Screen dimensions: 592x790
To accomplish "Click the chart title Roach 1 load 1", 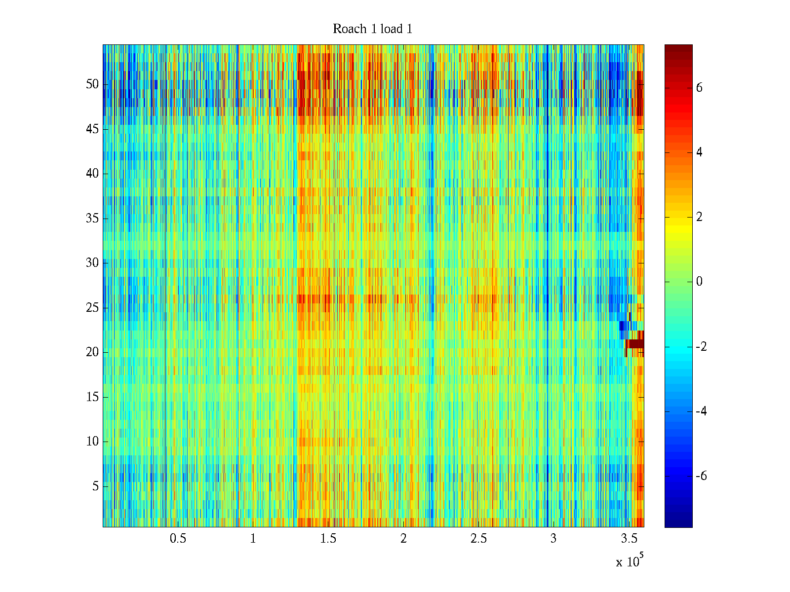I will [372, 29].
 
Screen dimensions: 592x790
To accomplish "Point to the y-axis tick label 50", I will [92, 84].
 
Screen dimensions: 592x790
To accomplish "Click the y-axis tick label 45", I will [92, 129].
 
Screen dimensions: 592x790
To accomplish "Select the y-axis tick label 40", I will [92, 174].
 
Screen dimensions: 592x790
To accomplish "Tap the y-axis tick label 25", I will [92, 308].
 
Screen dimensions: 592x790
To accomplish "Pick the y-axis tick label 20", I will [92, 352].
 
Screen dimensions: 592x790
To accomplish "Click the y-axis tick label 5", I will [95, 486].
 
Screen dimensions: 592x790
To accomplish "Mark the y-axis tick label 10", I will [92, 442].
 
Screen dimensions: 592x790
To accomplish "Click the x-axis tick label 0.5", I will [178, 539].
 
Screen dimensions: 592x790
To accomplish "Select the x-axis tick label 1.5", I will [328, 539].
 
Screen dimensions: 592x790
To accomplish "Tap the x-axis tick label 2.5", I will [478, 539].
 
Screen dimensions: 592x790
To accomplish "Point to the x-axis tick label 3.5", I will [629, 539].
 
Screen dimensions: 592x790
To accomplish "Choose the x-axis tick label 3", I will [553, 539].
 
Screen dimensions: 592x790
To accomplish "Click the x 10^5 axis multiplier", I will [629, 561].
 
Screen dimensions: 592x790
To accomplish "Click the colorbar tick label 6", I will [699, 88].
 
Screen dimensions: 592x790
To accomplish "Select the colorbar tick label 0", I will [699, 282].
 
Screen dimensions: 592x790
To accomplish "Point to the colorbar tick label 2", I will [699, 217].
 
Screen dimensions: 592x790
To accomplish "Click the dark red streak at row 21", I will [635, 344].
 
